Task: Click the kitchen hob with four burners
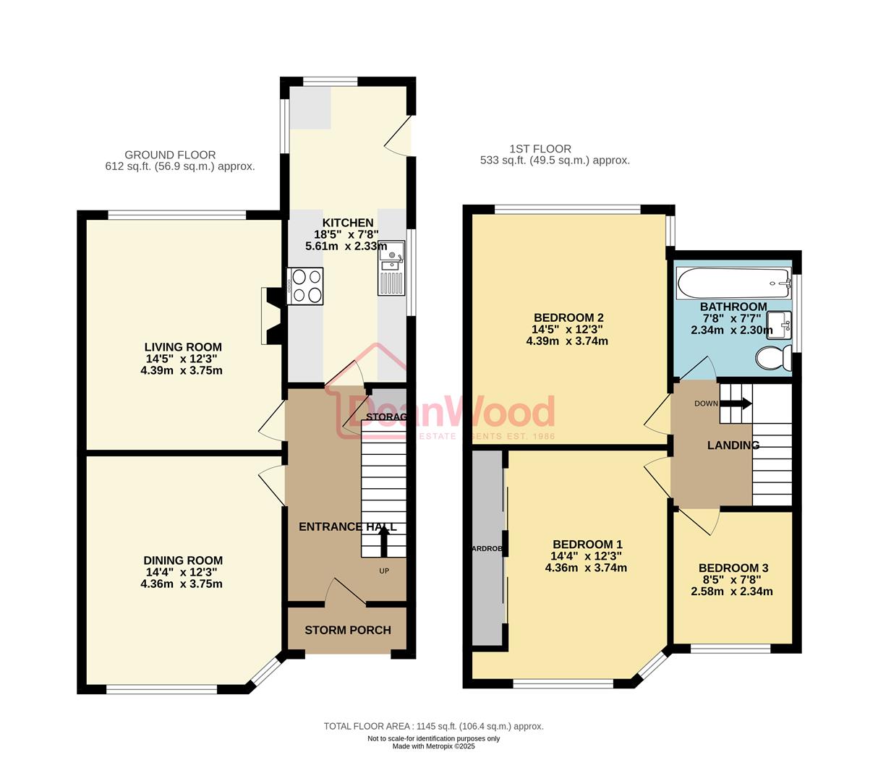[305, 286]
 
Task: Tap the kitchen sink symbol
[391, 268]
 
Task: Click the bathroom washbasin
[780, 323]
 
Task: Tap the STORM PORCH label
[347, 630]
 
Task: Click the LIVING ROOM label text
[182, 347]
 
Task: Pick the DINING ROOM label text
[182, 560]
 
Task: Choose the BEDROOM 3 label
[733, 568]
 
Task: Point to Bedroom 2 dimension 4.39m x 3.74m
[567, 341]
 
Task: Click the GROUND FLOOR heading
[170, 155]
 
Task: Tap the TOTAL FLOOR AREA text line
[433, 726]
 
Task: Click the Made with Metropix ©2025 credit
[433, 746]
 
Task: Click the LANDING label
[733, 445]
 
